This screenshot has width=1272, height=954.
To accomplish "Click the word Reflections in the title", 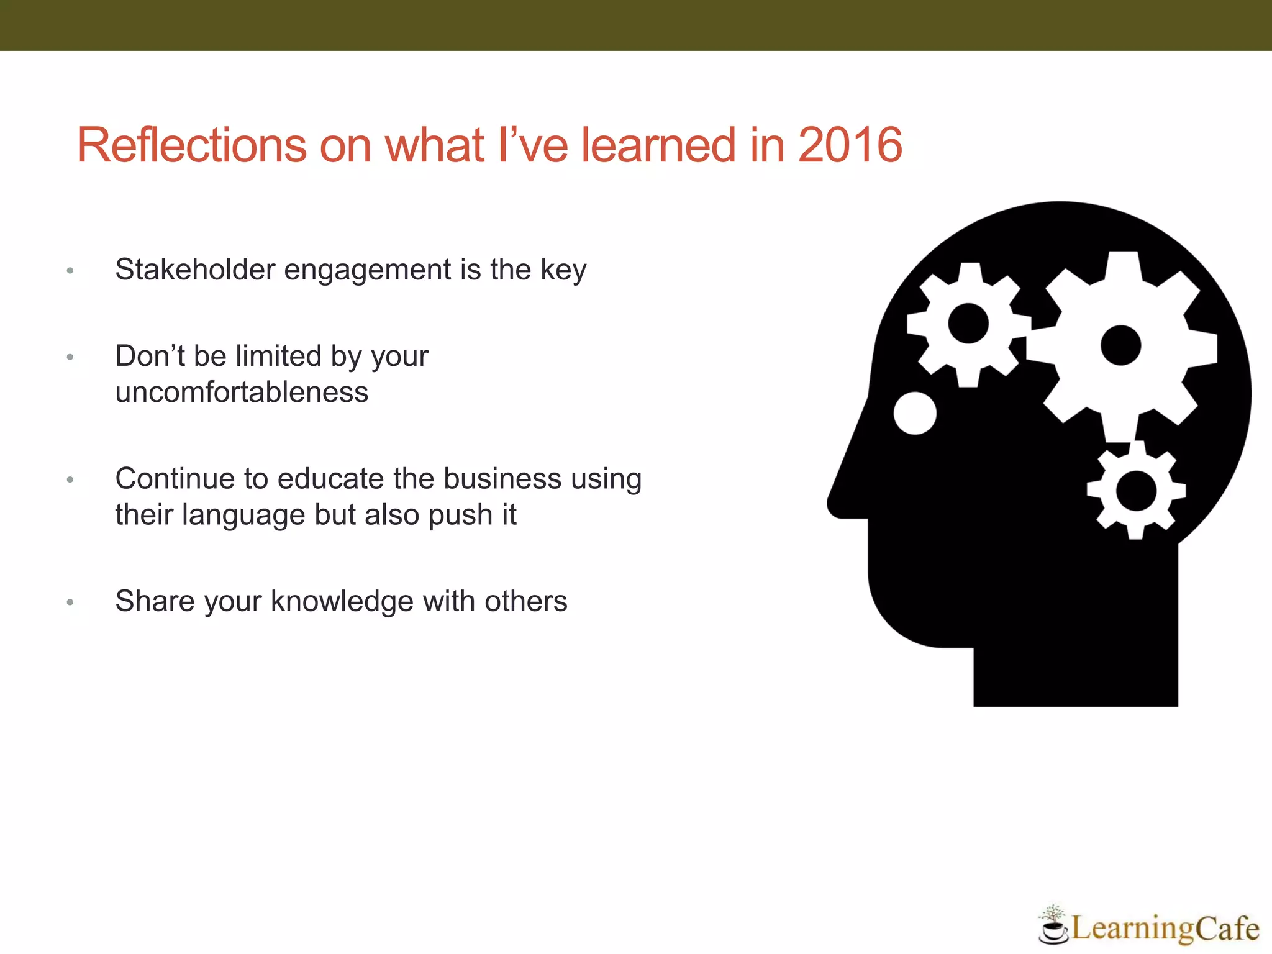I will (192, 145).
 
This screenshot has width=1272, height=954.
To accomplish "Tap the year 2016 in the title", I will (850, 145).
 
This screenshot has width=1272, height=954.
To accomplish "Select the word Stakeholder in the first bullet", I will (195, 270).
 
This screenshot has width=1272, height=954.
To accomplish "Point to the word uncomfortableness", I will (242, 393).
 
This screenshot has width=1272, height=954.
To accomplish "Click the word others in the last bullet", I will (526, 601).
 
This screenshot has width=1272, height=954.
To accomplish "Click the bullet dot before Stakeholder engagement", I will (70, 271).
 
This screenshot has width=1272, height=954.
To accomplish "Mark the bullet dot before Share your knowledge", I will (70, 602).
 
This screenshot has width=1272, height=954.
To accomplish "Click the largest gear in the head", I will (1121, 346).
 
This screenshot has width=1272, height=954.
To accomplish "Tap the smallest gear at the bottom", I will (1136, 491).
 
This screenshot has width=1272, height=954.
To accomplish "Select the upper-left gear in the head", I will (968, 324).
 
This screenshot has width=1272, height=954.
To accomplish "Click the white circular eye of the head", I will (915, 413).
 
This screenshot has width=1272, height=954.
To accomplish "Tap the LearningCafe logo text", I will (1165, 929).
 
